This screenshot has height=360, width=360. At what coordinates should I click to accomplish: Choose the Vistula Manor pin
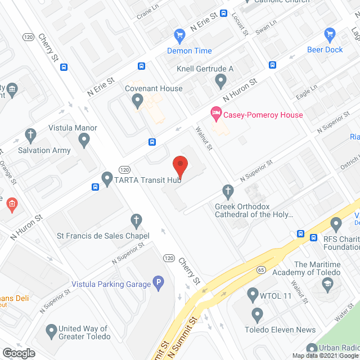coord(84,141)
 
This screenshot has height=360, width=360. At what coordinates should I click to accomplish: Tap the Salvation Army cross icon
coord(30,136)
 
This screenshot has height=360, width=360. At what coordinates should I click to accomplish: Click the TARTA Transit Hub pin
coord(107,179)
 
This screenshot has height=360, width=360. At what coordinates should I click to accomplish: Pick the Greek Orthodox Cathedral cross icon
coord(228,192)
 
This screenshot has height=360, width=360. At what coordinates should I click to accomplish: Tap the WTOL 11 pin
coord(253,294)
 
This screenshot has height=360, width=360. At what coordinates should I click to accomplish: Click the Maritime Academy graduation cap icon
coord(325,286)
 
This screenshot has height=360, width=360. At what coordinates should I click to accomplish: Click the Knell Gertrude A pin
coord(221,82)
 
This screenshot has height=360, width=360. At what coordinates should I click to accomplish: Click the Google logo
coord(19,353)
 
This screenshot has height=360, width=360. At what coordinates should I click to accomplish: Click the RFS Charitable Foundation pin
coord(336,225)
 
